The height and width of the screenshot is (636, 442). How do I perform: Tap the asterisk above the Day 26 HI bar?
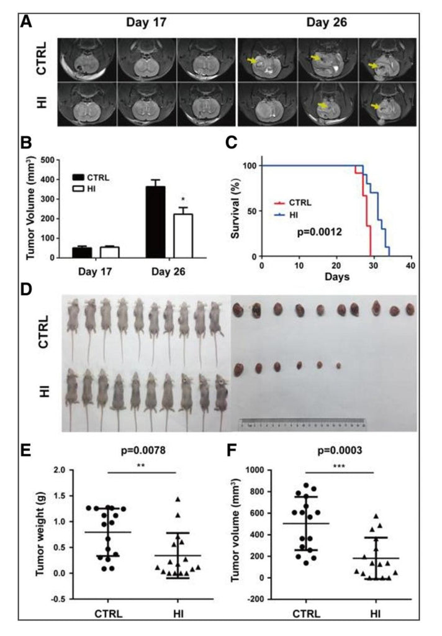pyautogui.click(x=183, y=201)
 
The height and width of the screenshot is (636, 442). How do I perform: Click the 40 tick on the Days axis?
pyautogui.click(x=408, y=266)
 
